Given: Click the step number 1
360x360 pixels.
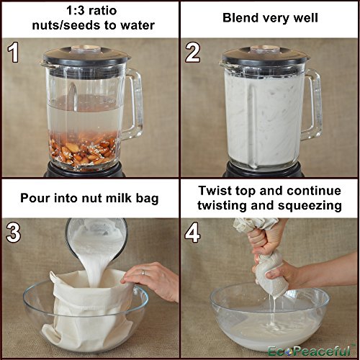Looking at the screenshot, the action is pyautogui.click(x=13, y=53).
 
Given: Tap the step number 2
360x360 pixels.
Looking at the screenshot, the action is pyautogui.click(x=192, y=53).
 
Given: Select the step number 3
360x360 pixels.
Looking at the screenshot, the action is pyautogui.click(x=14, y=232).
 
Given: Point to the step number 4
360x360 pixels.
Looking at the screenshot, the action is pyautogui.click(x=192, y=232).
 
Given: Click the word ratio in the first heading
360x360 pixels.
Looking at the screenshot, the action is pyautogui.click(x=102, y=11).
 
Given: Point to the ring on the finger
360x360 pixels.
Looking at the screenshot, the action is pyautogui.click(x=143, y=273).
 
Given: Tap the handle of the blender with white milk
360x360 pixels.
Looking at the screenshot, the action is pyautogui.click(x=312, y=104).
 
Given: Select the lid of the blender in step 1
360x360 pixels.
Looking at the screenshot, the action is pyautogui.click(x=86, y=56).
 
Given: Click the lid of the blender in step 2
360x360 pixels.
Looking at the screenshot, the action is pyautogui.click(x=265, y=56).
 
